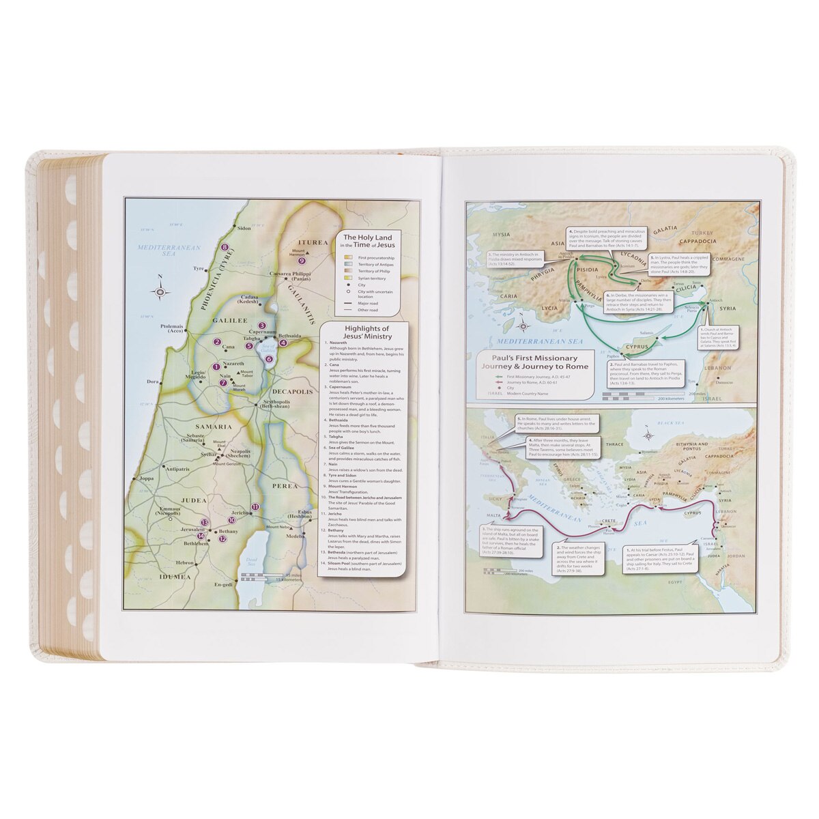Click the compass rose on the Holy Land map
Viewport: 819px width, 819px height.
(x=161, y=291)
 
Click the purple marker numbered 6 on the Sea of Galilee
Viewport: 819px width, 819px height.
(x=269, y=358)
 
